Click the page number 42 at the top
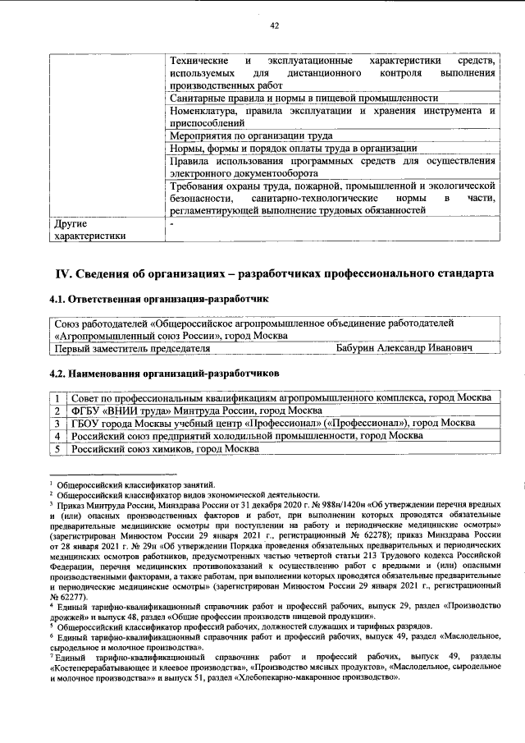coord(275,25)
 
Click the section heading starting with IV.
coord(275,271)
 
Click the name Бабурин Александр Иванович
coord(404,348)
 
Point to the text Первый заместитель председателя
coord(131,348)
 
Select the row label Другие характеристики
coord(89,229)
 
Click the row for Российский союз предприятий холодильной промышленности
coord(247,436)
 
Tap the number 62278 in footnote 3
coord(375,535)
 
